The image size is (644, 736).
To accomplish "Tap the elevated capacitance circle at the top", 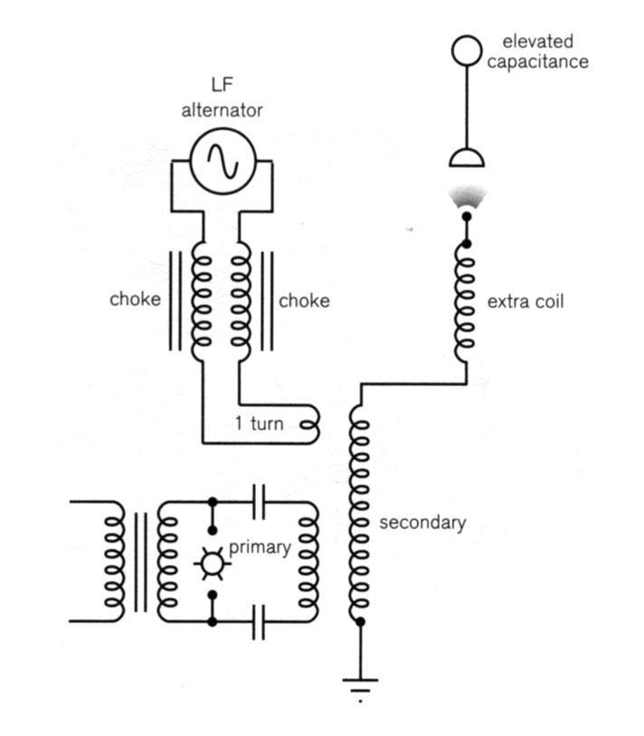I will [467, 51].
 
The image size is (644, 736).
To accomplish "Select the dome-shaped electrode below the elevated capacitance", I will [467, 157].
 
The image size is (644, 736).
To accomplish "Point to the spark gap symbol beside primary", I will [212, 562].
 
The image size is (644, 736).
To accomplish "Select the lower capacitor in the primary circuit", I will [259, 622].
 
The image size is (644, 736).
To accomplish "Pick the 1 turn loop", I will [309, 421].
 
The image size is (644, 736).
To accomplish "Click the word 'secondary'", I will [422, 523].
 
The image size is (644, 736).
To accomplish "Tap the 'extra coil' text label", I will [525, 301].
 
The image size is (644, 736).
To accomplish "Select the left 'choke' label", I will [135, 300].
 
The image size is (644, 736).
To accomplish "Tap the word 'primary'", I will [260, 547].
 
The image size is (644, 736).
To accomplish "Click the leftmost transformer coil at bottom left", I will [114, 561].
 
